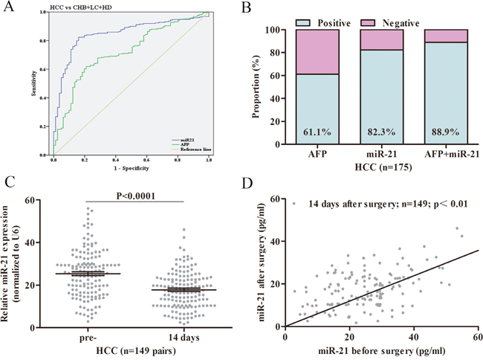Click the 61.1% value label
click(317, 132)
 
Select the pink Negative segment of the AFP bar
click(317, 52)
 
